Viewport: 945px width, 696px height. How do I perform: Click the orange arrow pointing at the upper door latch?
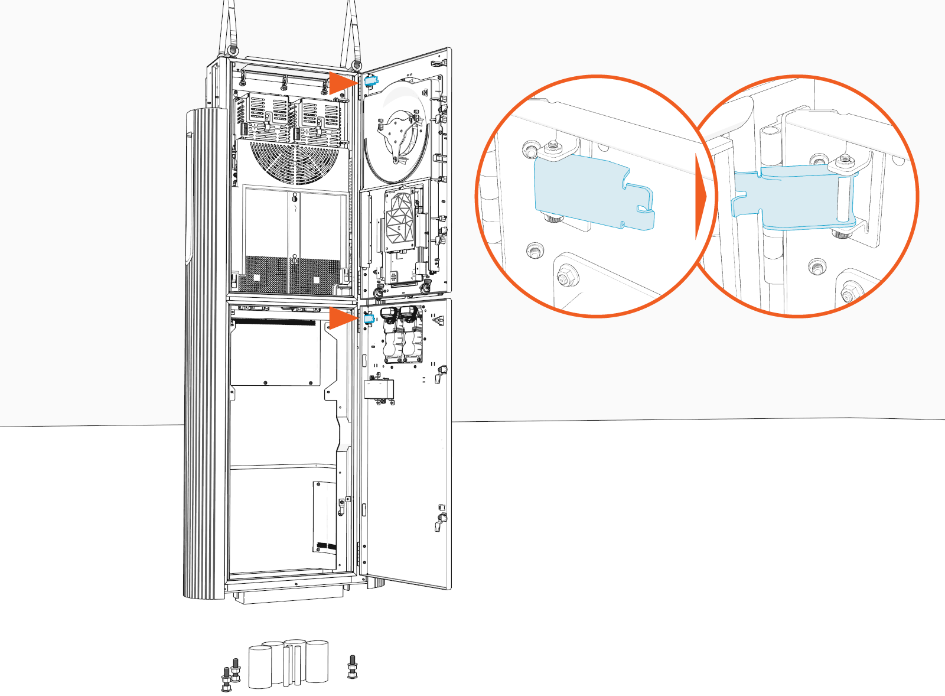tap(342, 83)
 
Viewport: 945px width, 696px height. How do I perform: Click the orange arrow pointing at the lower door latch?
tap(342, 318)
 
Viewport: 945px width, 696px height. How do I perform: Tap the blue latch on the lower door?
tap(369, 319)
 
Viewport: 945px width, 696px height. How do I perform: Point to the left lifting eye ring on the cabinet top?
tap(233, 50)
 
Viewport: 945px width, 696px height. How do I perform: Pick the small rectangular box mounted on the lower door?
tap(379, 389)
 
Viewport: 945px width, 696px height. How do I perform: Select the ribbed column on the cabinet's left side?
tap(204, 354)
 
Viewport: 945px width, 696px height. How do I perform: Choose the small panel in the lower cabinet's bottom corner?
tap(324, 518)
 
